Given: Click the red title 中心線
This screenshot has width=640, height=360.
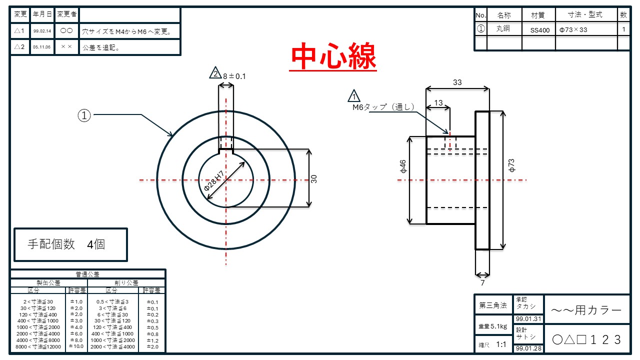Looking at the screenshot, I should (x=333, y=57).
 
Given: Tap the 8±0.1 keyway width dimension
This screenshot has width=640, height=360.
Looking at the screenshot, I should (x=234, y=76).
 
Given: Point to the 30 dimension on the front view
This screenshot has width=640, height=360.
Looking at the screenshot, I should (x=314, y=178).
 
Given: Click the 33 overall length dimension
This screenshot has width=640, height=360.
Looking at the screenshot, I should (x=457, y=82).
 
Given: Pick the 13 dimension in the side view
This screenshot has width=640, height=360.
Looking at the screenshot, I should (x=438, y=102).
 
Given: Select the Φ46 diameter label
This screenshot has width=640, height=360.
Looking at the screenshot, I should (x=403, y=166).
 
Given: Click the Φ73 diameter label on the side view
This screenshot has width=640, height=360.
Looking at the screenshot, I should (x=511, y=165).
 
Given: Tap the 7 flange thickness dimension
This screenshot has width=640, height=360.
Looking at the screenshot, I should (x=482, y=283).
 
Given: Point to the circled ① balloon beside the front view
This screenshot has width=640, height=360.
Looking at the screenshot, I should (x=84, y=115).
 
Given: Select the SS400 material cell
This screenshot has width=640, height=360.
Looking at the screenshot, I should (x=539, y=30).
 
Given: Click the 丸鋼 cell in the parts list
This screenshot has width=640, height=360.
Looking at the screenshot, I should (x=503, y=29).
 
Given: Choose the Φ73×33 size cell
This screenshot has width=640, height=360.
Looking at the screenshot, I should (x=573, y=30).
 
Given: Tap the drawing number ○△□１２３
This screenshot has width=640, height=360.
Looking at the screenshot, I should (x=586, y=339).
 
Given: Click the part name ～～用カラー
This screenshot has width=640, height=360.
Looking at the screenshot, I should (x=586, y=310).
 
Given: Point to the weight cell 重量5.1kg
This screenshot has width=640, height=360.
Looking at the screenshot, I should (x=492, y=326).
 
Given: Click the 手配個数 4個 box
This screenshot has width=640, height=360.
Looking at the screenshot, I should (x=70, y=244).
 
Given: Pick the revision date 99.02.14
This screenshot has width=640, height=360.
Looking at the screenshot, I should (x=42, y=31).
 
